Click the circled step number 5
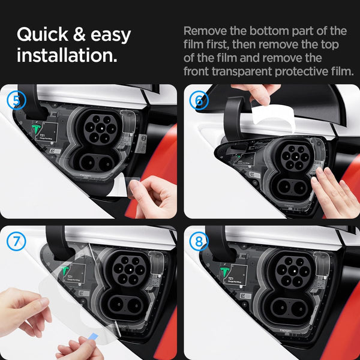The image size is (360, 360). point(16,100)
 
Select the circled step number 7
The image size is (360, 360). point(16,242)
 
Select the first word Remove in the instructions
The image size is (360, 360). point(204,31)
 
